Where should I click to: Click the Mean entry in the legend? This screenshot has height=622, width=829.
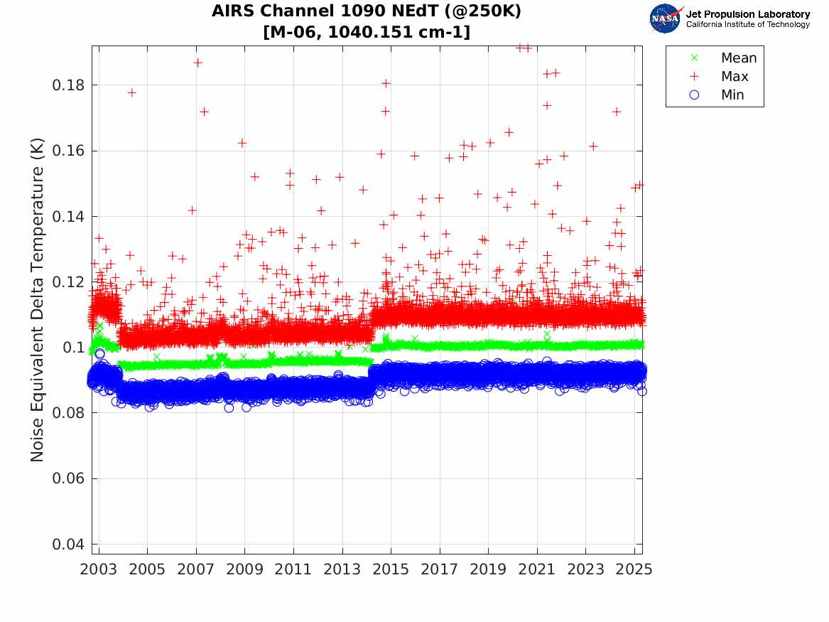(x=738, y=58)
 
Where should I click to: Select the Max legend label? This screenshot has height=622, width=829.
(x=734, y=77)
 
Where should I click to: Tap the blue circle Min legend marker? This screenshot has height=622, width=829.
(x=694, y=95)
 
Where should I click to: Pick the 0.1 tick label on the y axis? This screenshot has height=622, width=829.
(x=75, y=348)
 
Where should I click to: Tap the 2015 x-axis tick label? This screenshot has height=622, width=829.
(x=391, y=569)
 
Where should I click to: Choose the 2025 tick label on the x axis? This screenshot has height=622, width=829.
(x=634, y=569)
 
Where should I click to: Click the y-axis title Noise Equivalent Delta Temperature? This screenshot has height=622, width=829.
(x=38, y=299)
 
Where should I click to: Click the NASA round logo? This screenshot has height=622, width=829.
(x=665, y=18)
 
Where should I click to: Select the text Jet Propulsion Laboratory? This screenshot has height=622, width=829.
(x=747, y=14)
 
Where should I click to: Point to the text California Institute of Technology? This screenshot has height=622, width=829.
(x=747, y=25)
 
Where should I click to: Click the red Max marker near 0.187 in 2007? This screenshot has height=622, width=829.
(x=197, y=63)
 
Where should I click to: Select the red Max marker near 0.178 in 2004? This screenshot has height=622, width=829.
(x=131, y=92)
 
